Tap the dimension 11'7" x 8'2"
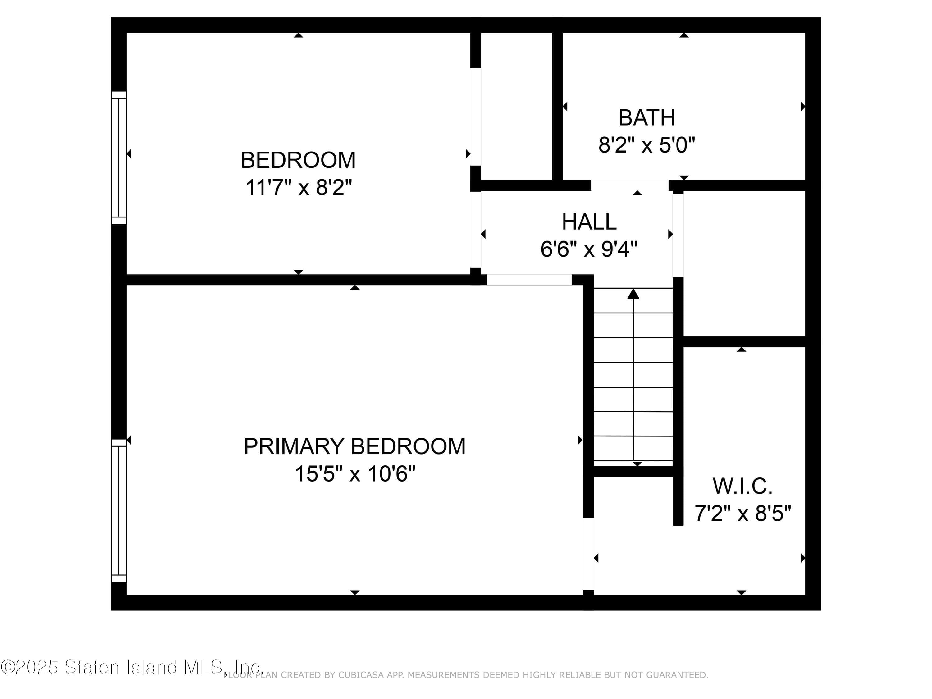(298, 188)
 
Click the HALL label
(589, 222)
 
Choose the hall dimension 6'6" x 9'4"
(589, 249)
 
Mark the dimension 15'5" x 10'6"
(355, 474)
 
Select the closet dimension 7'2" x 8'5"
(742, 514)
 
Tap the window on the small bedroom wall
(119, 158)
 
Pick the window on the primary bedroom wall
(119, 511)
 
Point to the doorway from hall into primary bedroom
(529, 280)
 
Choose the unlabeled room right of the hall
(744, 263)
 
